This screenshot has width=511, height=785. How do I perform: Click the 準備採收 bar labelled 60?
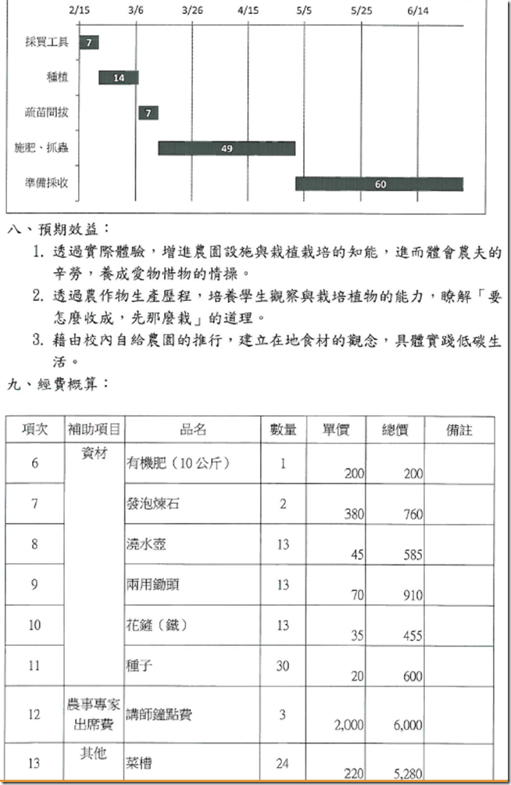click(x=379, y=184)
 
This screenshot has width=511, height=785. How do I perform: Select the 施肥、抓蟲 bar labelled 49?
click(x=227, y=148)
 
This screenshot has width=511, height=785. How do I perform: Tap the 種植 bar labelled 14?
click(x=119, y=77)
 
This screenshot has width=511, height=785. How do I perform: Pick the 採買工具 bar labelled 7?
click(x=89, y=42)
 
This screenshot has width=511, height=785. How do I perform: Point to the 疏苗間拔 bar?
click(x=148, y=113)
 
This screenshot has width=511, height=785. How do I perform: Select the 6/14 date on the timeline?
click(x=418, y=11)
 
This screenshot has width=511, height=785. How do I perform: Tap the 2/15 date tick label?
click(x=80, y=11)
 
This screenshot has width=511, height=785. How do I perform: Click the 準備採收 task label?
click(x=46, y=184)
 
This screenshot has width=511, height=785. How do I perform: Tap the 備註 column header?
click(x=459, y=429)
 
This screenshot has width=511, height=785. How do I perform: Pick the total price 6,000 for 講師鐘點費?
click(x=409, y=725)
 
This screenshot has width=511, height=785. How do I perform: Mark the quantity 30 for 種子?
click(x=282, y=665)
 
